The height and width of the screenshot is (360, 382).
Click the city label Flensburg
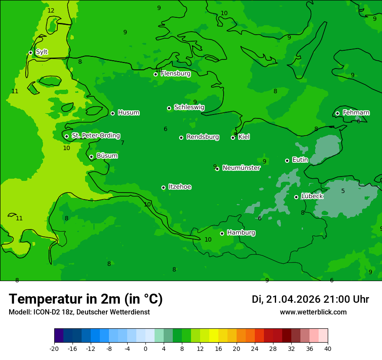(x=175, y=74)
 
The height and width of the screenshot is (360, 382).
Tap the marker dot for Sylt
(x=30, y=52)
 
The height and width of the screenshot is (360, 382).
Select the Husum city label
(x=128, y=113)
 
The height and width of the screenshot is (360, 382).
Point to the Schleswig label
(x=189, y=107)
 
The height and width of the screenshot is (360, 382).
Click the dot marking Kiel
(x=233, y=137)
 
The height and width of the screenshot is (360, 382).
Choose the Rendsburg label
(x=203, y=137)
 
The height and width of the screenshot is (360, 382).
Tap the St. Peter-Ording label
(x=95, y=136)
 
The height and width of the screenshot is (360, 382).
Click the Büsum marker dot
(x=91, y=157)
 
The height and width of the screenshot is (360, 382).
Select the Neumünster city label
(x=241, y=168)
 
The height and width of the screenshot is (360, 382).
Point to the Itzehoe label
(x=180, y=187)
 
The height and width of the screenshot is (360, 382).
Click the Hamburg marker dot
(x=222, y=233)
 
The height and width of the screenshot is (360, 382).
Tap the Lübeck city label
(x=312, y=196)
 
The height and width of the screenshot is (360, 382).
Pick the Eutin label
(x=300, y=160)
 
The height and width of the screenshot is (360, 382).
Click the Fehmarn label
(x=356, y=113)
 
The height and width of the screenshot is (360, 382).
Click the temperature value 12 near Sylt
(x=51, y=10)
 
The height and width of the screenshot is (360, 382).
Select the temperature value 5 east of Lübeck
(x=343, y=191)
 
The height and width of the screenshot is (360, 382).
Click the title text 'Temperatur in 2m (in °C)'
(x=86, y=299)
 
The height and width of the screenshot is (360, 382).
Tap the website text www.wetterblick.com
(x=313, y=312)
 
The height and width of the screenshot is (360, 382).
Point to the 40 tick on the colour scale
(x=327, y=348)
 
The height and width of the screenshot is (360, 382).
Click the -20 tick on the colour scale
(x=54, y=348)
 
